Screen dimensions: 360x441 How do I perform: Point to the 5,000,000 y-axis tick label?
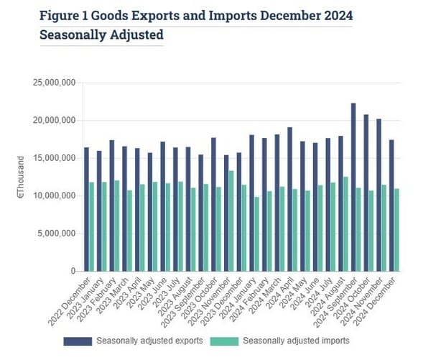tap(57, 234)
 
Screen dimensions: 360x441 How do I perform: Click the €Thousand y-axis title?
tap(22, 177)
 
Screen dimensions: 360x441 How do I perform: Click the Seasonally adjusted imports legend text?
tap(294, 341)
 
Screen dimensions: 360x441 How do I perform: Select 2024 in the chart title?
tap(337, 16)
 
